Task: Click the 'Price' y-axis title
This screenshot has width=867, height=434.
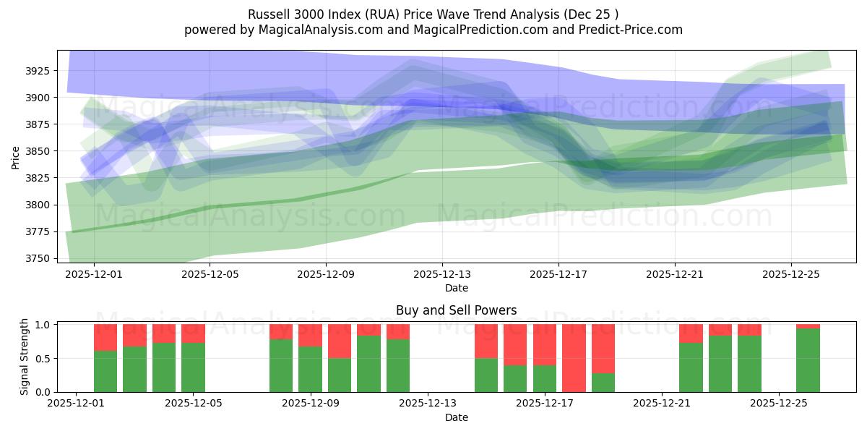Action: coord(15,157)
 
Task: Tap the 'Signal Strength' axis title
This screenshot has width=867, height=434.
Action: coord(24,357)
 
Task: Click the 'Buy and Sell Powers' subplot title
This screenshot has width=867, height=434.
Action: coord(456,310)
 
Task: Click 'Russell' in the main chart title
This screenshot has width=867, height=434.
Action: coord(269,14)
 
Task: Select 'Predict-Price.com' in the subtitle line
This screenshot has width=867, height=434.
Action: coord(635,30)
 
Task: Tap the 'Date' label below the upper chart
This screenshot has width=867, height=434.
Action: coord(456,288)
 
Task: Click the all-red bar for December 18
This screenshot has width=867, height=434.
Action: coord(574,358)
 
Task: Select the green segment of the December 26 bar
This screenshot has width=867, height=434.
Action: coord(808,360)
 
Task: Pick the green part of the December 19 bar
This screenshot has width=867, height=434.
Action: coord(603,382)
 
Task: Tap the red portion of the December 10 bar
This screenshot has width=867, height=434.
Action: coord(340,341)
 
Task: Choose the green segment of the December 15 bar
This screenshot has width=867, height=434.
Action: coord(486,375)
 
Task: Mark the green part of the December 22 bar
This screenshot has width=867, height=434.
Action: coord(691,367)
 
